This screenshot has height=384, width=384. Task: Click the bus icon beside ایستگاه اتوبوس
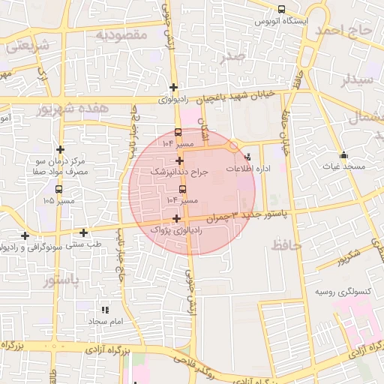pos(281,10)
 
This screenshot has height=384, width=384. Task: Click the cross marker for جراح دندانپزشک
pos(179,160)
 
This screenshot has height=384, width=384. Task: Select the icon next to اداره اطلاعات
pos(247,157)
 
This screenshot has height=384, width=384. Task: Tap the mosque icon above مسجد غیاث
pos(343,154)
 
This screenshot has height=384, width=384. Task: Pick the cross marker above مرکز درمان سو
pos(60,149)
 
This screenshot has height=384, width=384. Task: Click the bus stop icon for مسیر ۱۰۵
pos(58,189)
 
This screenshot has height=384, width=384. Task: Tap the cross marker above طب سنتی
pos(83,232)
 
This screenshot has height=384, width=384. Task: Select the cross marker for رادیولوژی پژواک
pos(176,219)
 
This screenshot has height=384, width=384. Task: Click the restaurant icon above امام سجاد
pos(105,309)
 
